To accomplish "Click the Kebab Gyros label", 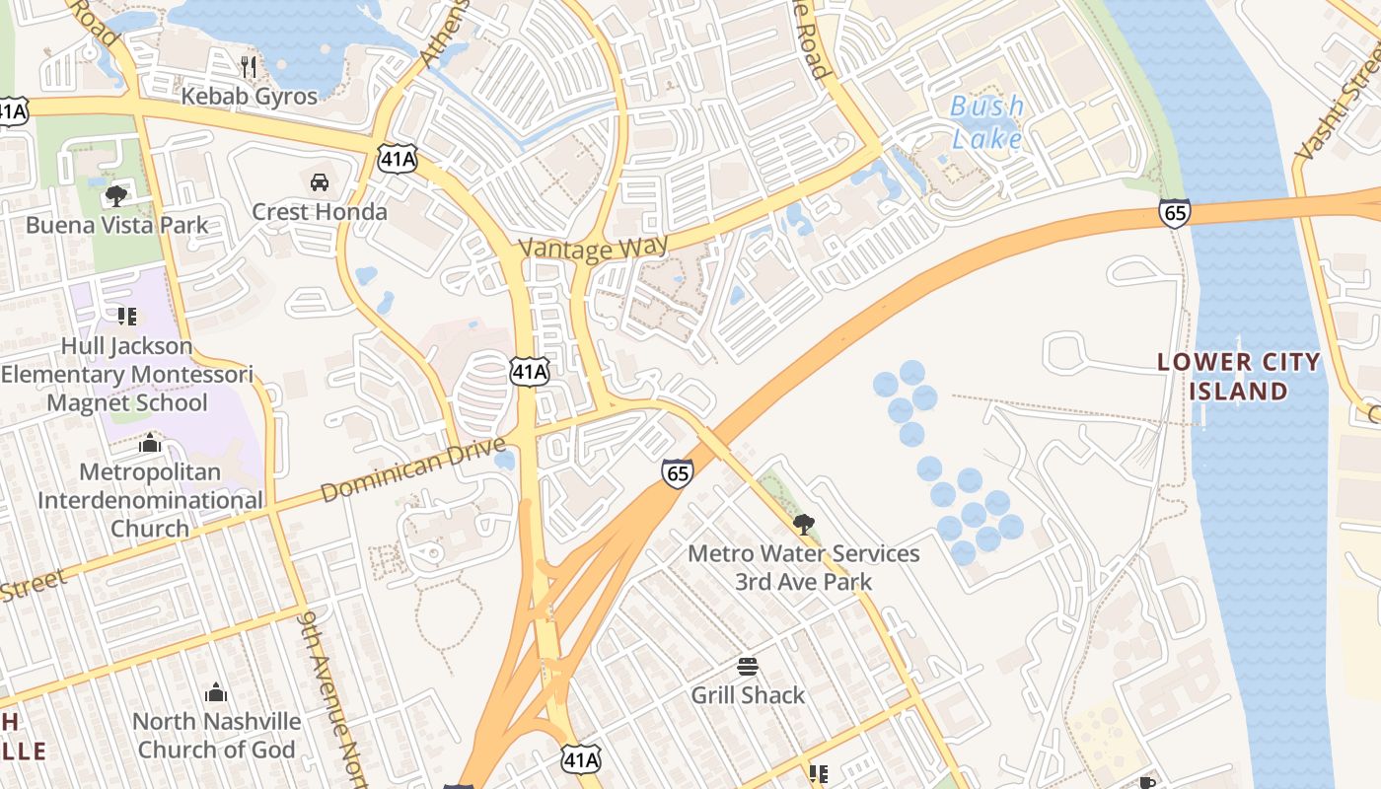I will pos(250,96).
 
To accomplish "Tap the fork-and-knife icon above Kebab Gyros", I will pos(249,67).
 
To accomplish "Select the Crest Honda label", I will pos(320,211).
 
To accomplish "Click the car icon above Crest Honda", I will pos(320,182).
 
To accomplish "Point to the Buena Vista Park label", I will pos(117,225).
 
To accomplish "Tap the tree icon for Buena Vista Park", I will pos(116,195).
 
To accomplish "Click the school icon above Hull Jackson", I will pos(126,317).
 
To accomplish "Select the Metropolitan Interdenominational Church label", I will pos(150,500).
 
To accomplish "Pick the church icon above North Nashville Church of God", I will pos(216,693).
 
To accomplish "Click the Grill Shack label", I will pos(748,694).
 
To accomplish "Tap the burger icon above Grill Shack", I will pos(748,667).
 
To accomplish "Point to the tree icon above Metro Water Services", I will pos(804,524).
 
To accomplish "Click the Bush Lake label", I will pos(987,122).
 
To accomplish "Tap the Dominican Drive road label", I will pos(419,472).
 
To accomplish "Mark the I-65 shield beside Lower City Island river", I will pos(1175,213).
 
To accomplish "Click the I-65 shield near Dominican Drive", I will pos(678,473).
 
